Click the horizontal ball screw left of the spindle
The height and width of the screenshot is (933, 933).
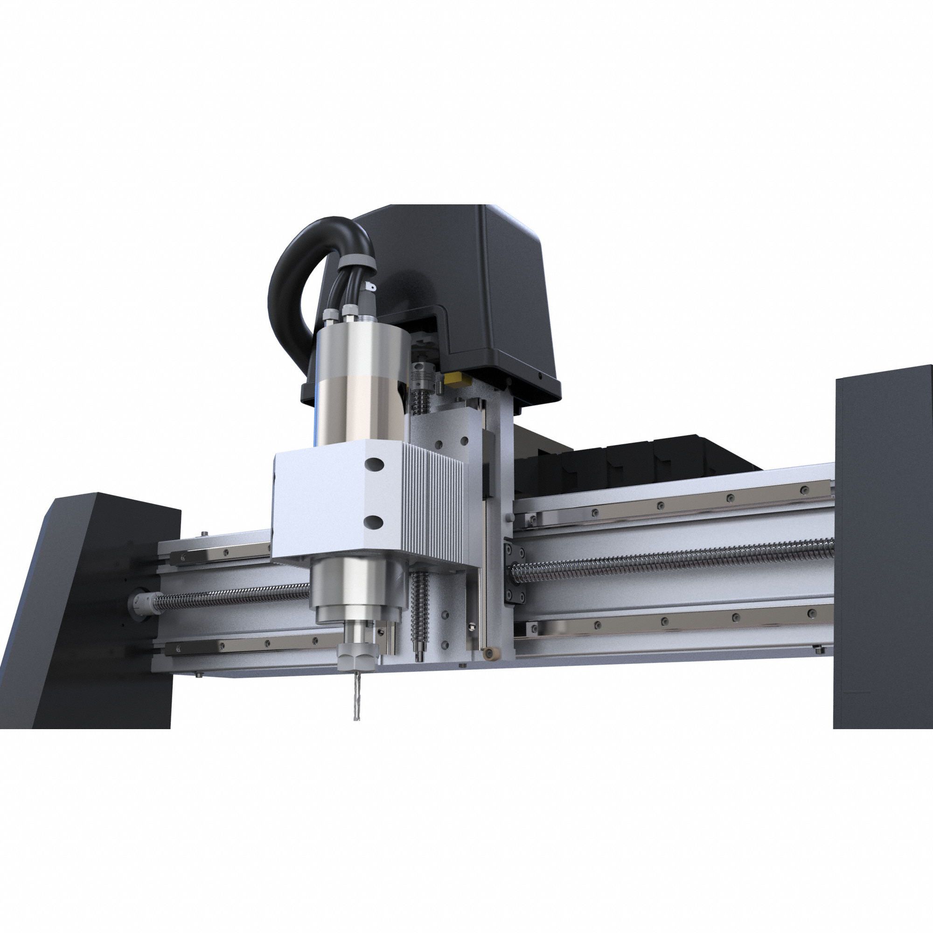pyautogui.click(x=232, y=600)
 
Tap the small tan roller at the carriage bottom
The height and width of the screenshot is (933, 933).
pyautogui.click(x=491, y=652)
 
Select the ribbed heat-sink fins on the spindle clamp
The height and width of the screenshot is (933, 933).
pyautogui.click(x=435, y=507)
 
